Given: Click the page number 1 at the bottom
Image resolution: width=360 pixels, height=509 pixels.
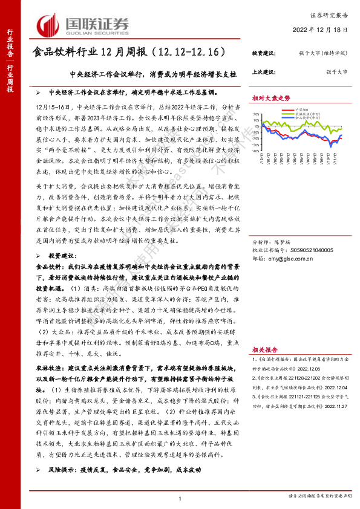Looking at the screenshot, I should (180, 497).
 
